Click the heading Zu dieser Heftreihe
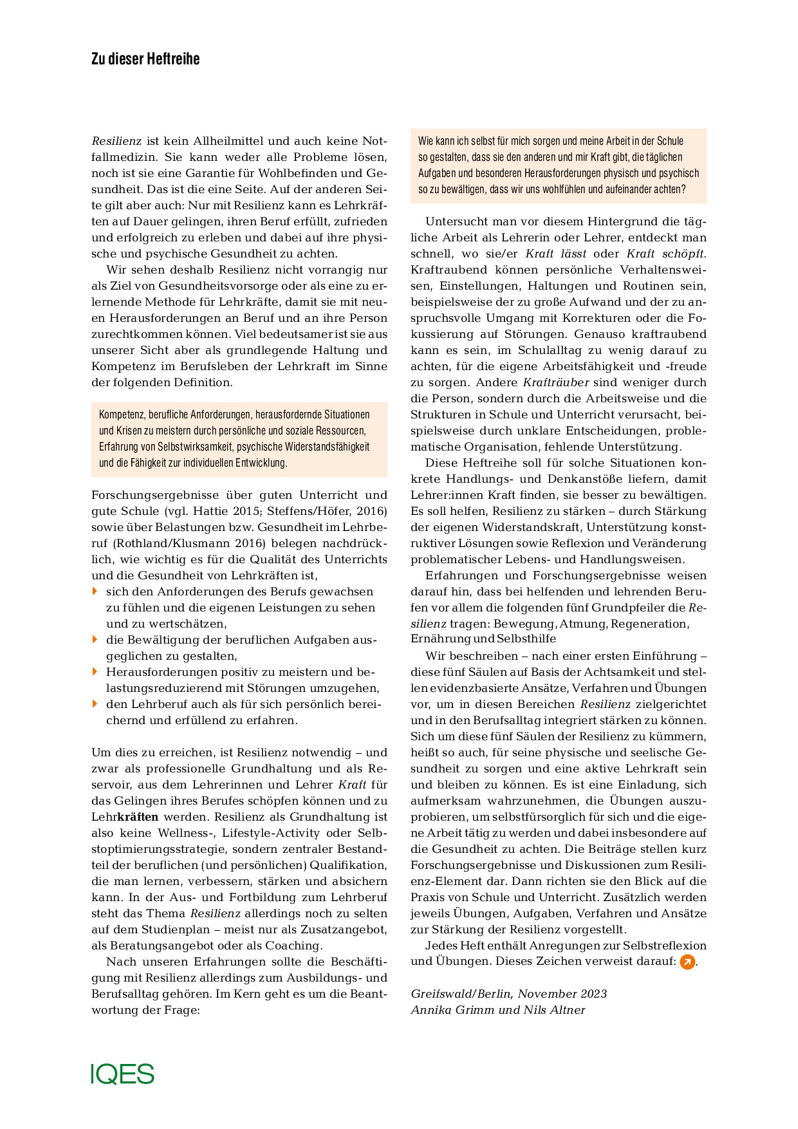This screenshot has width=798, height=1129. point(145,59)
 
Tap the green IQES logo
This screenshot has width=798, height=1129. point(122,1074)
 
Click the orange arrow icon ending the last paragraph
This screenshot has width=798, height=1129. point(687,962)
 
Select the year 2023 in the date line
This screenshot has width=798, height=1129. point(593,994)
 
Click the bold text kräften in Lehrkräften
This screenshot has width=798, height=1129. point(138,817)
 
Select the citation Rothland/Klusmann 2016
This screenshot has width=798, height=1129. point(171,543)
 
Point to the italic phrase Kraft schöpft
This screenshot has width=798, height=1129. point(665,254)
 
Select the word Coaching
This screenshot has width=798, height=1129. point(293,946)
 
